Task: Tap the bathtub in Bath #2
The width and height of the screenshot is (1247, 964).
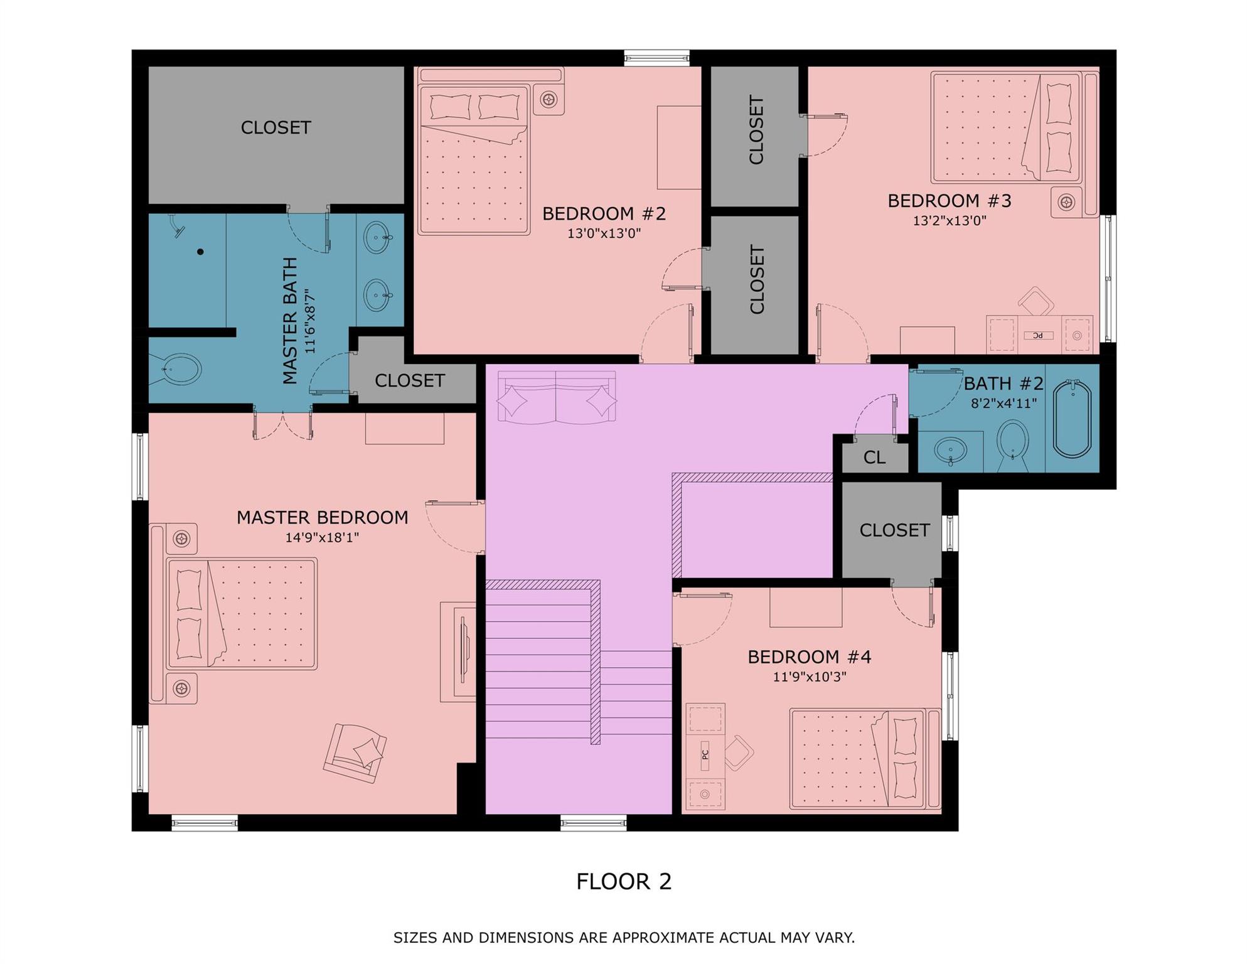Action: (x=1072, y=419)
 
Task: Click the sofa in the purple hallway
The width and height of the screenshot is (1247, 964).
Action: (x=556, y=397)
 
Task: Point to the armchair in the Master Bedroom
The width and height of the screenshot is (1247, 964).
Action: (x=355, y=752)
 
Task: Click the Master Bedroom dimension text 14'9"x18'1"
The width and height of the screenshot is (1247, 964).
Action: (x=322, y=537)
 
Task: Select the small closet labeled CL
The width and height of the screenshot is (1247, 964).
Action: (x=874, y=458)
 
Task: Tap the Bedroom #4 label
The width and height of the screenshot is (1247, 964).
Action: (x=809, y=657)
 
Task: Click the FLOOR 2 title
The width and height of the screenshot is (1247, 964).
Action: (x=624, y=882)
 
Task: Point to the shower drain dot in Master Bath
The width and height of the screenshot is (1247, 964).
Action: (x=200, y=252)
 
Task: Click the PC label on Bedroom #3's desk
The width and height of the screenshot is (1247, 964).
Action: (x=1038, y=336)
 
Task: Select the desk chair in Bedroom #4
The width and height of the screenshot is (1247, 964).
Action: (x=739, y=752)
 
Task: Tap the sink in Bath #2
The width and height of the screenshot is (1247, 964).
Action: (x=950, y=450)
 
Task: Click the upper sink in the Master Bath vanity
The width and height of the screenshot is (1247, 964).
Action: (x=377, y=237)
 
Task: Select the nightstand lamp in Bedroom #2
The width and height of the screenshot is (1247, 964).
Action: (x=549, y=99)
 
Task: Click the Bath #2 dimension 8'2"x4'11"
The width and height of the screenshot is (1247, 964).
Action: (x=1003, y=404)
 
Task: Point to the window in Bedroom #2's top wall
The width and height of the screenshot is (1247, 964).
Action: (x=656, y=58)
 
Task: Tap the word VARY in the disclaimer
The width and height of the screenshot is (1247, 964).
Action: (x=836, y=938)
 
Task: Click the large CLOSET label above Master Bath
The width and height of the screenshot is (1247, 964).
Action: (x=276, y=127)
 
